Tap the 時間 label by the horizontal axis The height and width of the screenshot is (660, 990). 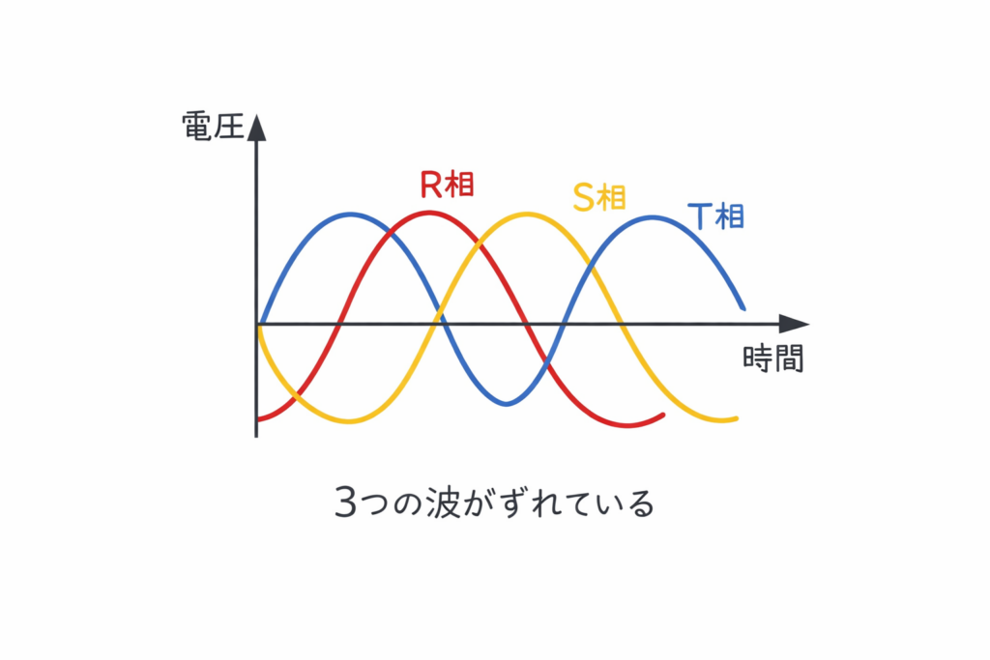coord(773,359)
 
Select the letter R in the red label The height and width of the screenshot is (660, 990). coord(430,184)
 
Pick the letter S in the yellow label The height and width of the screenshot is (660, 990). coord(583,197)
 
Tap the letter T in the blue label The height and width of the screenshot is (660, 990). coord(700,215)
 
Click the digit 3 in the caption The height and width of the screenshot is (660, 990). coord(345,503)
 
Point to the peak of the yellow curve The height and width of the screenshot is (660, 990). coord(525,214)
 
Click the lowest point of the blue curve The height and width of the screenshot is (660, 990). coord(506,404)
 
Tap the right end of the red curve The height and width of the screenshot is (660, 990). coord(663,415)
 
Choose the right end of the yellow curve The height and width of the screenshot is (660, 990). coord(737,418)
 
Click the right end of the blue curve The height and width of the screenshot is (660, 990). coord(742,308)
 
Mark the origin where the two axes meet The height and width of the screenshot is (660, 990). coord(257,325)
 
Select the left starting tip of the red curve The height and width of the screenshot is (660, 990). coord(258,419)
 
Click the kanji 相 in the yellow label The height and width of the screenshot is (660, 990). coord(612,197)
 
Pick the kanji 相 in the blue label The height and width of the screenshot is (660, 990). coord(729,215)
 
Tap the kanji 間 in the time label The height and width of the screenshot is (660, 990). coord(789,359)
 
